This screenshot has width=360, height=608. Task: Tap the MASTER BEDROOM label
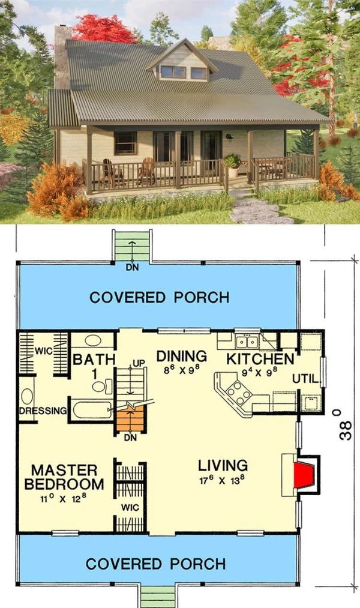click(64, 477)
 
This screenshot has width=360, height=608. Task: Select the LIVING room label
click(223, 465)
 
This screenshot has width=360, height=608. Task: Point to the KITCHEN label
click(260, 359)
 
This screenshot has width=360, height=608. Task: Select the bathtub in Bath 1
click(92, 410)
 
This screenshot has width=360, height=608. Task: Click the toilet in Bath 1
click(102, 387)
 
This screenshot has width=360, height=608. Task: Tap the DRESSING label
click(43, 411)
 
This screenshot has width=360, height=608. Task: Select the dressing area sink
click(27, 396)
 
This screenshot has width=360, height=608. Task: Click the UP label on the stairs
click(139, 363)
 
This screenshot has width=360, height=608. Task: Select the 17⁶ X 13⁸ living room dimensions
click(223, 481)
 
